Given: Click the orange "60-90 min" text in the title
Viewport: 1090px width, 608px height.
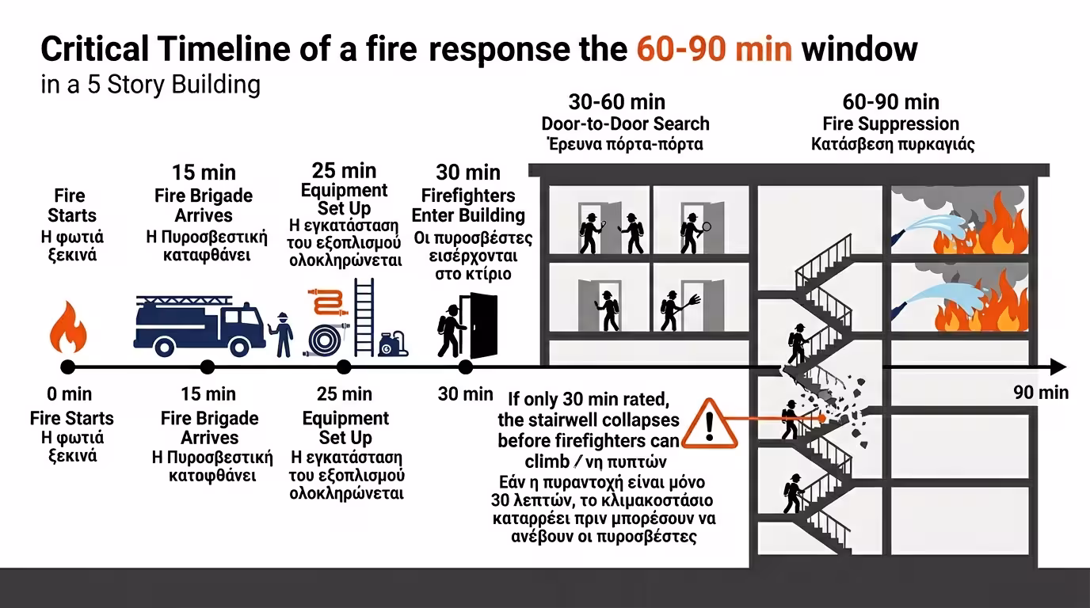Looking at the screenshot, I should (714, 50).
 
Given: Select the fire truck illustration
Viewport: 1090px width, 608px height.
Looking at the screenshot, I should (199, 326).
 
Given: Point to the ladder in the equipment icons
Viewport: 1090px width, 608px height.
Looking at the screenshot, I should (363, 317).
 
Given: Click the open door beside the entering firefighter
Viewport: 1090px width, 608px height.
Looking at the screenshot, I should (482, 325).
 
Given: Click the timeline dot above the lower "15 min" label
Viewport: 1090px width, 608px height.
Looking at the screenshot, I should (208, 367).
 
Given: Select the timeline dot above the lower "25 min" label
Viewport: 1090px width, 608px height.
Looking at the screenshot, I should (344, 367).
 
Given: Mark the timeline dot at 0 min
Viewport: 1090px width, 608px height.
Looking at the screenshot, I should (68, 367).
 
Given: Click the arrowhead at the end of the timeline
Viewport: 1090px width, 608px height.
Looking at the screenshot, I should (1058, 367).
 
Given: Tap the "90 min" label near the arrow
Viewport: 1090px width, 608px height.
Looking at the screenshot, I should (1041, 393).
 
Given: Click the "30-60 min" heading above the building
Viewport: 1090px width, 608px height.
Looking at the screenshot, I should (617, 102).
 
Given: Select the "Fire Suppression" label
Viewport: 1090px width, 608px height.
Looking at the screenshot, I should (891, 124).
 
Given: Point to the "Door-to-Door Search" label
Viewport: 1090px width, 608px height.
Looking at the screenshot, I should (625, 124).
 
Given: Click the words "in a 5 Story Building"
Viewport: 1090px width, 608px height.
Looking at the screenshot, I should (151, 85).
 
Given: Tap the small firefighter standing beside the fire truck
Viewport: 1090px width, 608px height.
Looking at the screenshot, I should (282, 334).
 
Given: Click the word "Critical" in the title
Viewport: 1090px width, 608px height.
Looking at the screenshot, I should (94, 50).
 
